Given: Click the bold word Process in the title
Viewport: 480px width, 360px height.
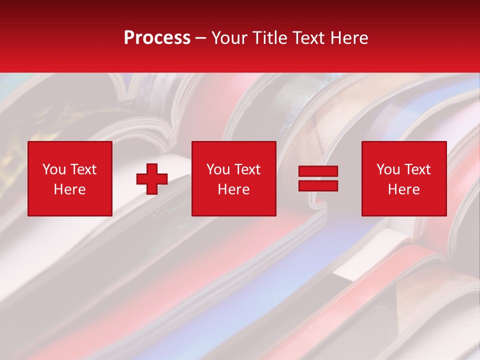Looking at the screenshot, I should [x=157, y=38].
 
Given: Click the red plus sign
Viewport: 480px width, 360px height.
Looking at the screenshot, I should [x=152, y=179].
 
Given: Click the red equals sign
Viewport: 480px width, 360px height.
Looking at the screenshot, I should [x=318, y=179].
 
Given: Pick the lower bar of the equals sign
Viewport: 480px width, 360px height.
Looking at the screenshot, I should [x=318, y=186].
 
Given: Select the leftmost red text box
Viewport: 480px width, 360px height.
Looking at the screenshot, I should [x=70, y=179].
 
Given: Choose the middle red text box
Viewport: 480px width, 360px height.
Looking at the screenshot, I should [x=233, y=179].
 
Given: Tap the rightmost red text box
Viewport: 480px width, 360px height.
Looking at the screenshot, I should [x=403, y=179].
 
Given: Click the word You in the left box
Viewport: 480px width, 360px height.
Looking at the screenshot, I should [x=54, y=169].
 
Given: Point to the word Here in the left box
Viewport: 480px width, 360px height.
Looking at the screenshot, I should [x=69, y=189].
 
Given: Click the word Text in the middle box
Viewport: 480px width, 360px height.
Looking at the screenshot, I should [x=247, y=169].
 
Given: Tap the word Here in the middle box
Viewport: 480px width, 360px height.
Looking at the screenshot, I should [x=233, y=189].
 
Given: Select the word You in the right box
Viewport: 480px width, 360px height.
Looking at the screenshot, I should [x=388, y=169].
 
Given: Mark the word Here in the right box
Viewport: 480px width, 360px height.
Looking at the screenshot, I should [x=403, y=189].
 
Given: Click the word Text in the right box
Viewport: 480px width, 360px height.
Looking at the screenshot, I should [x=417, y=169].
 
